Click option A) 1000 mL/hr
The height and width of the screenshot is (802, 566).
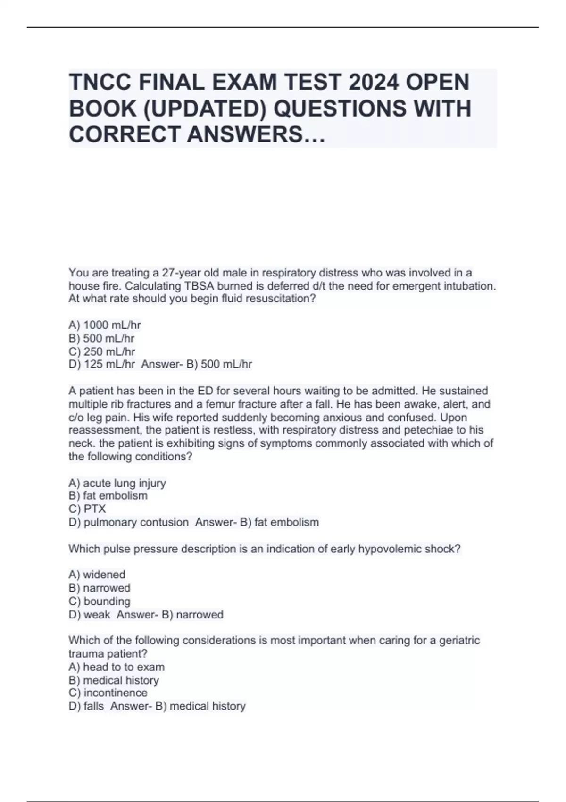point(105,325)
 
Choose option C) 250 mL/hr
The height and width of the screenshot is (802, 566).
point(102,351)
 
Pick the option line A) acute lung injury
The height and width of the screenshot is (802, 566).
point(117,483)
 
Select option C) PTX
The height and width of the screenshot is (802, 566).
point(87,509)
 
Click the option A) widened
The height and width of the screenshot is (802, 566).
point(97,575)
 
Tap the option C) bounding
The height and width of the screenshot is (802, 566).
point(99,601)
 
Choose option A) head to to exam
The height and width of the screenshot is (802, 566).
point(117,667)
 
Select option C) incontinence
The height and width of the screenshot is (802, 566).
point(108,693)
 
